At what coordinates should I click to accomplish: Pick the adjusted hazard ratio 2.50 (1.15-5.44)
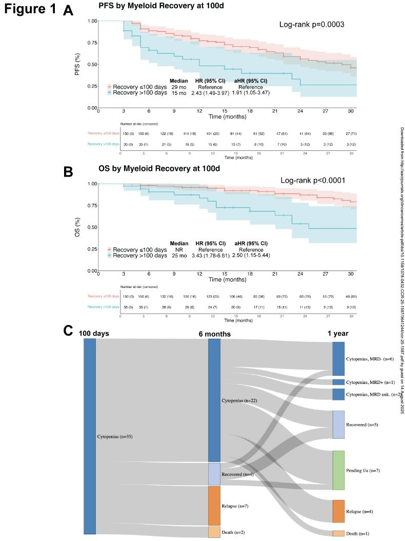248,255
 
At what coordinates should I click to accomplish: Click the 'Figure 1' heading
29,10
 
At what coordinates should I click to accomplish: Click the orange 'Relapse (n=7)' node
214,506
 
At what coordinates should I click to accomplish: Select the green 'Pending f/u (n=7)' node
338,470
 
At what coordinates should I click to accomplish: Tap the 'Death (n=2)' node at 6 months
214,531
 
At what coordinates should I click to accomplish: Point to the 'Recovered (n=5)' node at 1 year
338,424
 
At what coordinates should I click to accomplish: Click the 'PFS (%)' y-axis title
77,64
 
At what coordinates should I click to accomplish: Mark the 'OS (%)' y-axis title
77,226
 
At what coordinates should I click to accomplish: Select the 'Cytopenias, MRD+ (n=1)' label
370,382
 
